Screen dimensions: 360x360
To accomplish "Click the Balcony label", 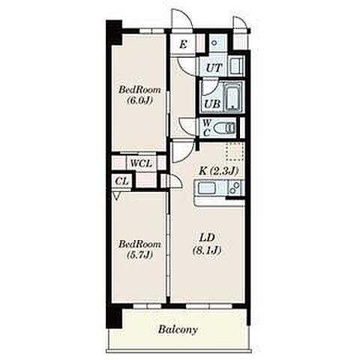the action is (x=178, y=330).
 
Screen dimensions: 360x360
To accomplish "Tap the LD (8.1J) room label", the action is (x=207, y=244).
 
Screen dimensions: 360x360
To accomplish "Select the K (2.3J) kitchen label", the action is (x=218, y=171).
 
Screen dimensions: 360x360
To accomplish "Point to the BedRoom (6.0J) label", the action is (x=139, y=95).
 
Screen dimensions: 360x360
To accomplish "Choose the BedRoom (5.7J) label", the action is (x=139, y=249).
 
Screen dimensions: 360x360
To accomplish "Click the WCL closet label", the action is (x=141, y=163).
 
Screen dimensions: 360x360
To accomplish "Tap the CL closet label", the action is (x=122, y=181).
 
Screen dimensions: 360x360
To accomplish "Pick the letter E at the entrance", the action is (x=183, y=45).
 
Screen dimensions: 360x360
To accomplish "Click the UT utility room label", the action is (x=214, y=67).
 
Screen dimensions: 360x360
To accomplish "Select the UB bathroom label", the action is (x=212, y=103).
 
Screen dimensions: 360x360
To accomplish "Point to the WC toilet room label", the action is (x=206, y=127).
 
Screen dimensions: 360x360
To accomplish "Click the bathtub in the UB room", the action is (x=233, y=97).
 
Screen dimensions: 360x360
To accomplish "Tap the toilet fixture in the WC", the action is (x=224, y=128).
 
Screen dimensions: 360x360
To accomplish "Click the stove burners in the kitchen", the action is (x=235, y=187).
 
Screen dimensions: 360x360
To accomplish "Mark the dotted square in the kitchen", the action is (x=235, y=151).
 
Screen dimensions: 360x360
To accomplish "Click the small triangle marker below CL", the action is (x=116, y=196).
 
